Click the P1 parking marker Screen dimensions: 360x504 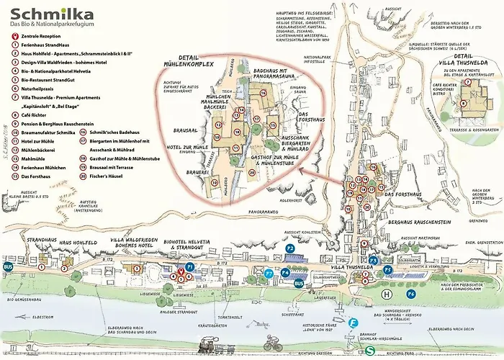(190, 266)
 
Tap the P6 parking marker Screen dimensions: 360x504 (411, 294)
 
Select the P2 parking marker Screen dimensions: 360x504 (289, 248)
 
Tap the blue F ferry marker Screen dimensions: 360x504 (353, 323)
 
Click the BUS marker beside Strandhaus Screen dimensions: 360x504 (9, 266)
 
